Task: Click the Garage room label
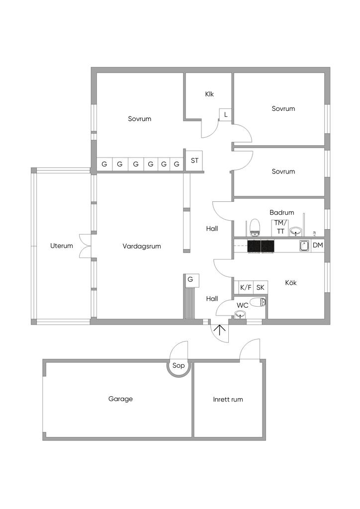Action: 120,399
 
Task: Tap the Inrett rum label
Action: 228,399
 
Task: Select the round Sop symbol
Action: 178,366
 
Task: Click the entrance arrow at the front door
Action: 218,330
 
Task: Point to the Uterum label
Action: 62,246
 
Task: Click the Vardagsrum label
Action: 142,246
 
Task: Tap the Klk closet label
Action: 209,94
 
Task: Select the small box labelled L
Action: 226,115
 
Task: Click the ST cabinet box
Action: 194,161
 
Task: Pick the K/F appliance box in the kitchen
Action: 246,287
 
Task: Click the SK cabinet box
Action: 260,287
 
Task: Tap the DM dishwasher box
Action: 318,246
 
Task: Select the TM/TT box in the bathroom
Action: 280,228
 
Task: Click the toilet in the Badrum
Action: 255,228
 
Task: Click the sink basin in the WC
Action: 240,314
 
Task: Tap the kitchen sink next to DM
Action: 304,246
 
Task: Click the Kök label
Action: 291,282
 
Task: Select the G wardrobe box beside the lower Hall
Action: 190,280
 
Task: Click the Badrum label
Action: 282,212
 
